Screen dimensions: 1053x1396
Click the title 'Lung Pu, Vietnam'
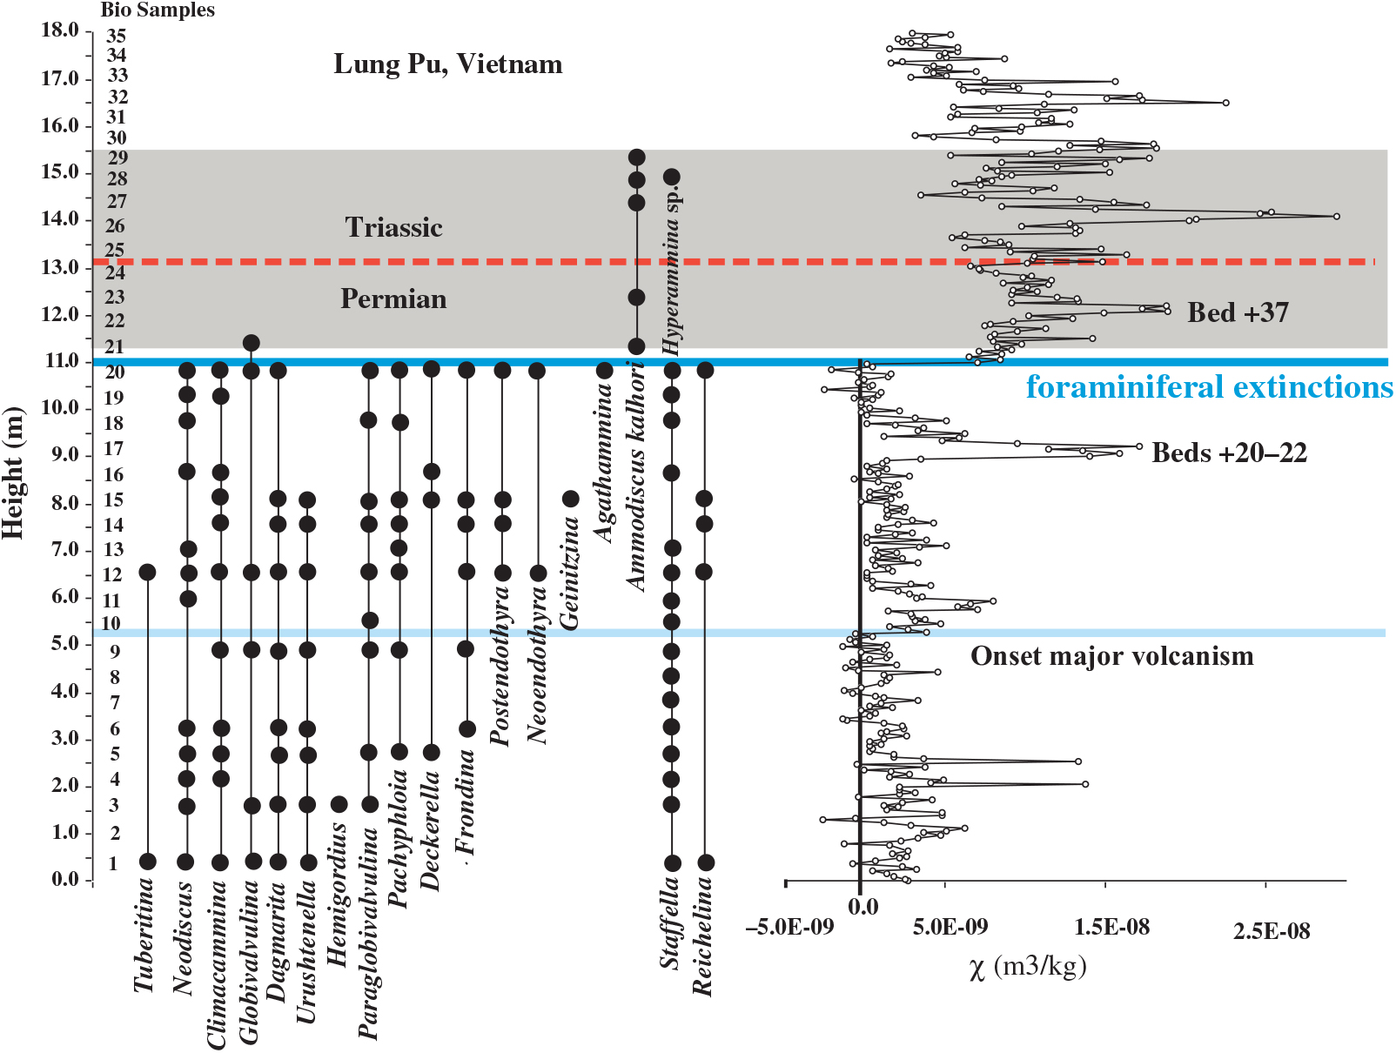tap(447, 64)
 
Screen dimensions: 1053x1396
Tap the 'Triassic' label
tap(393, 228)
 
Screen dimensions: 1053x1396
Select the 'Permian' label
tap(393, 299)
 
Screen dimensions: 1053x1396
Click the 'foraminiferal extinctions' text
tap(1209, 386)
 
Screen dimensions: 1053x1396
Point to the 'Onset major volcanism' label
tap(1111, 656)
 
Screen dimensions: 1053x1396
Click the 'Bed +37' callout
tap(1238, 312)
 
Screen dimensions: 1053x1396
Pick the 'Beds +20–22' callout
tap(1229, 453)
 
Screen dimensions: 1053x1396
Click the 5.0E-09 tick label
tap(950, 928)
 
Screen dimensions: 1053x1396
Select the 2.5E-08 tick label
tap(1271, 932)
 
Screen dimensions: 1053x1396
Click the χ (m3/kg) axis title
tap(1027, 967)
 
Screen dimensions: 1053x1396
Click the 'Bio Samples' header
tap(158, 10)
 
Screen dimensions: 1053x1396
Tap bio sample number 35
tap(117, 37)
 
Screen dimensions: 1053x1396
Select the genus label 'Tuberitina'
tap(144, 936)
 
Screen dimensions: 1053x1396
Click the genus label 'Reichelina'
tap(702, 936)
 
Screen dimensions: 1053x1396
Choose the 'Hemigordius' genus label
tap(338, 895)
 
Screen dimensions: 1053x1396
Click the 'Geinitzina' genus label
tap(569, 573)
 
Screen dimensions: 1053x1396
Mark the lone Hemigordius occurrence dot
tap(339, 804)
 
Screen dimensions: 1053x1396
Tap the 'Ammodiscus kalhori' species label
tap(637, 477)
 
